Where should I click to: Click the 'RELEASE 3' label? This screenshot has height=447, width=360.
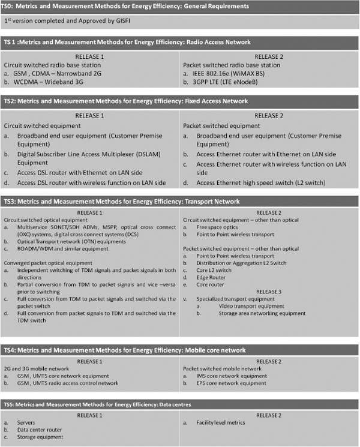[268, 292]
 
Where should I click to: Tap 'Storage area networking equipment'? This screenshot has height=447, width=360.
[262, 313]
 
